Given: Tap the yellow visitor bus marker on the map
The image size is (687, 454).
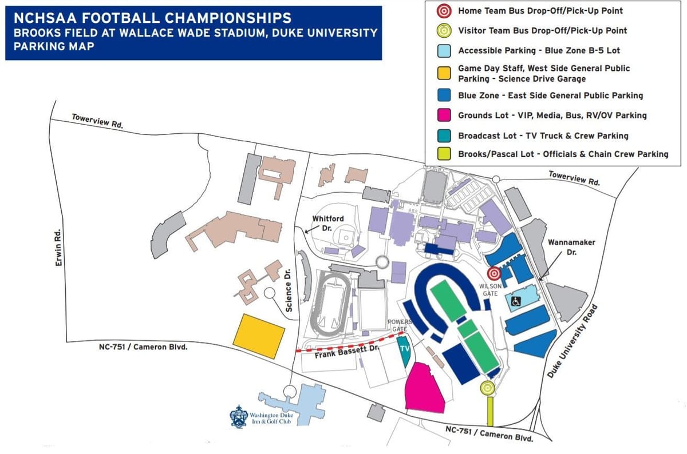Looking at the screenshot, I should [488, 388].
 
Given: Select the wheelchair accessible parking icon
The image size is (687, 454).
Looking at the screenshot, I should [516, 301].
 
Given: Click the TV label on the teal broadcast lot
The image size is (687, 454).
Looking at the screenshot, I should [405, 349].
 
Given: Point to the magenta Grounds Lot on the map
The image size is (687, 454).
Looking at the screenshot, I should [424, 388].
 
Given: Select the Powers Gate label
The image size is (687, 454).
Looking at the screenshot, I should [400, 325].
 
